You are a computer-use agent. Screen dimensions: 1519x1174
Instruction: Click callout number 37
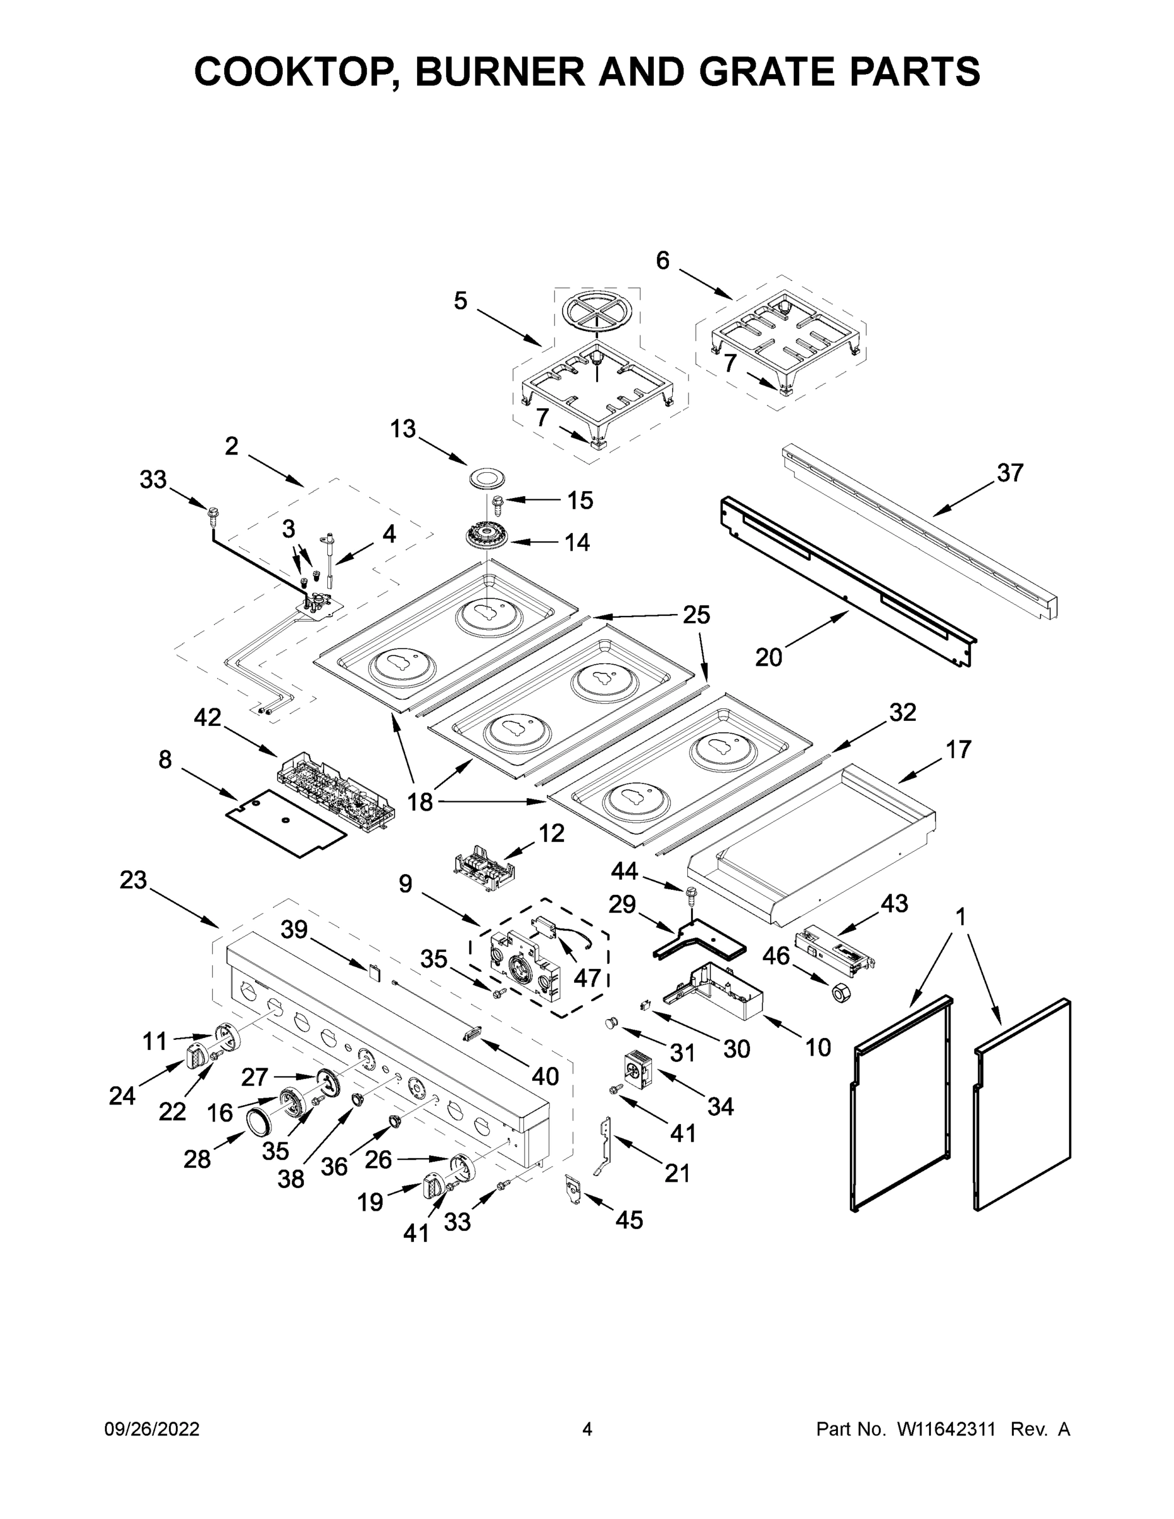point(1010,473)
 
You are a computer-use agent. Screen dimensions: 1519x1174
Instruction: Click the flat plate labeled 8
point(286,823)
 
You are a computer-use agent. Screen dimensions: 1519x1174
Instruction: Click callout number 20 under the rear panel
point(768,656)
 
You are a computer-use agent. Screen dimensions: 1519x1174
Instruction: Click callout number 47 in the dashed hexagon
point(587,977)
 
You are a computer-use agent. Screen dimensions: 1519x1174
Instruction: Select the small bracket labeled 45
point(574,1189)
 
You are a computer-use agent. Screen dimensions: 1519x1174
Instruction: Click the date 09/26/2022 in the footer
point(152,1429)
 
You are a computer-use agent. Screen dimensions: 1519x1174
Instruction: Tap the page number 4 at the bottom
point(587,1429)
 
